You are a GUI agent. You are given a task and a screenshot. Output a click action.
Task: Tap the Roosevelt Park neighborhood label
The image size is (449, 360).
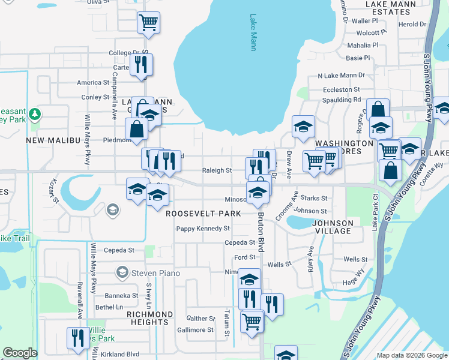point(203,214)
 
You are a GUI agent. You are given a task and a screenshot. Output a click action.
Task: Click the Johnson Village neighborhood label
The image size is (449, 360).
point(332,227)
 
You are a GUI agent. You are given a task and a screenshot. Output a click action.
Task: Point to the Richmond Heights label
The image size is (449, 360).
point(150,319)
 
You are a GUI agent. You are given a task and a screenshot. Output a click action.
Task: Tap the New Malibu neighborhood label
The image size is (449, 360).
point(53,140)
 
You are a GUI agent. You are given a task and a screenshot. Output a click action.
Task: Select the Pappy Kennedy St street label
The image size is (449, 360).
point(203,229)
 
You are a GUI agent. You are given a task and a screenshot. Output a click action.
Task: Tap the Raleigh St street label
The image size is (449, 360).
point(217,170)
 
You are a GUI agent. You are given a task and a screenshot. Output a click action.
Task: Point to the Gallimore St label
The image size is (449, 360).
point(190,330)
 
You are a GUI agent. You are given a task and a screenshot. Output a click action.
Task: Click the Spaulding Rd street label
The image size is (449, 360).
point(342,100)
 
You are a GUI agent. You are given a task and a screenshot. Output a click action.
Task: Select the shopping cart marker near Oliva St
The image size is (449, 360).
point(148,23)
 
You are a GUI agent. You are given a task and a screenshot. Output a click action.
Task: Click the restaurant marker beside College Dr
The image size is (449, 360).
point(141,64)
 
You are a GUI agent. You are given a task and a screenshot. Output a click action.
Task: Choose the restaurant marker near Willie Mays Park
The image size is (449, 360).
point(77,338)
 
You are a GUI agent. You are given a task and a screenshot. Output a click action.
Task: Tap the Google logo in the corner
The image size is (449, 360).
point(20,353)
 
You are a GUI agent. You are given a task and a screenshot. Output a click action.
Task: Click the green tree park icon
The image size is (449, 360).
point(35,113)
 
